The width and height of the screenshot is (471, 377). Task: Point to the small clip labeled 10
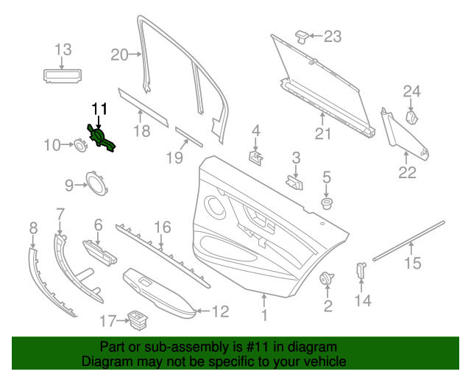point(77,145)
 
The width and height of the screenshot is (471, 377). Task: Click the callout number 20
point(119,53)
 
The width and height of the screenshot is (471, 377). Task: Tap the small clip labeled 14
point(362,269)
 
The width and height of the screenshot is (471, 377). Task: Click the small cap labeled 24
point(413,116)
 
